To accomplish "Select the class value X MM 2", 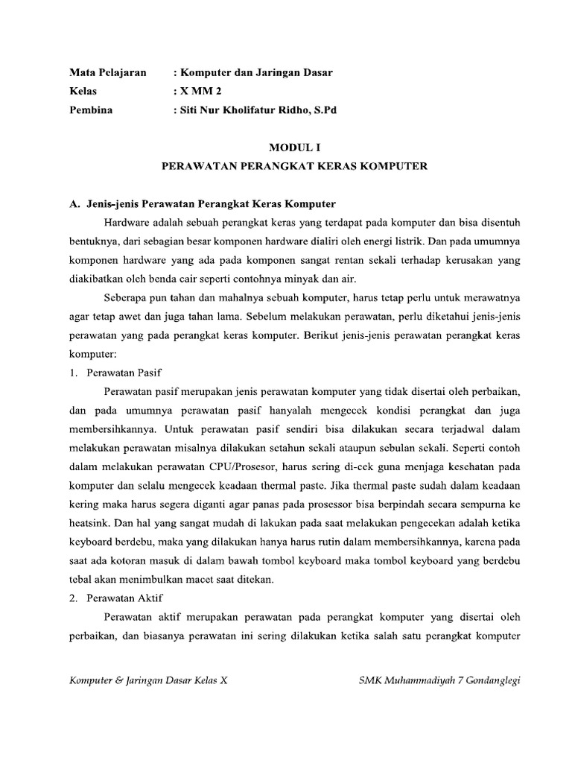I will [x=200, y=91].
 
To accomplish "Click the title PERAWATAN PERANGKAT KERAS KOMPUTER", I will [x=294, y=166].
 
